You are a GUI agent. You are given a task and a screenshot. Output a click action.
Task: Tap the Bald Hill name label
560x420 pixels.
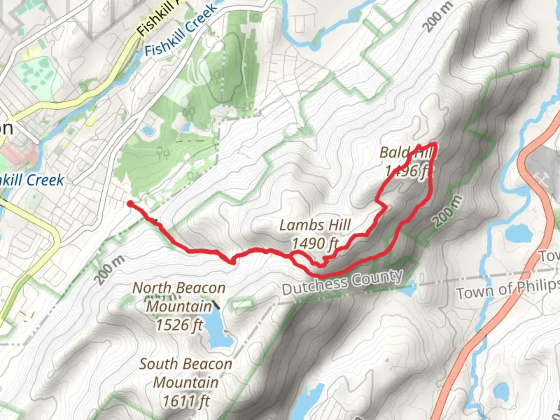point(406,152)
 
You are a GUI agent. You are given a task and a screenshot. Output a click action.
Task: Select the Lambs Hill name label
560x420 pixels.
point(315,225)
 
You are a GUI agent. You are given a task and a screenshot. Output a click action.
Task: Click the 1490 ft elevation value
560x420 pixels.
point(315,244)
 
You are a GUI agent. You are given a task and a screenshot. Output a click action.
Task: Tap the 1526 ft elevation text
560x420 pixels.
point(179,325)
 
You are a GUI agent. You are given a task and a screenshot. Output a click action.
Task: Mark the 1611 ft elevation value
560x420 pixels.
point(186,401)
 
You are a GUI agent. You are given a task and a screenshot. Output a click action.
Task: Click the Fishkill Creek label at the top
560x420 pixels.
point(181,31)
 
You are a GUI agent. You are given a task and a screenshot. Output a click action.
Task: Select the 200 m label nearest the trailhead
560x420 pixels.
point(110,270)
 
